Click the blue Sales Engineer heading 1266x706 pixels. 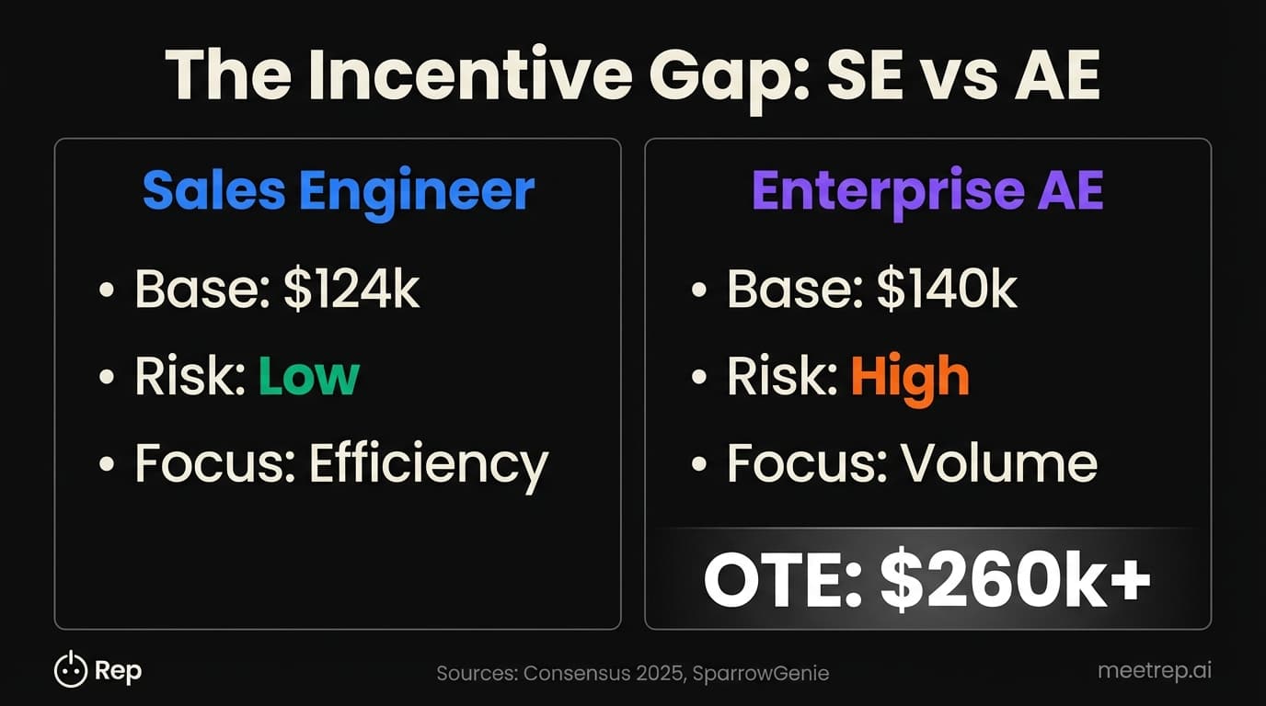pos(338,190)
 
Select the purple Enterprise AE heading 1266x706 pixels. pos(927,190)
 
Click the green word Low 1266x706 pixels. pos(308,376)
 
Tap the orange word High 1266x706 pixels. pos(909,376)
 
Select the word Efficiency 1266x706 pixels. pos(428,464)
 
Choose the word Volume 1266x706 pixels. pos(998,463)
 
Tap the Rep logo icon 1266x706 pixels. pos(70,670)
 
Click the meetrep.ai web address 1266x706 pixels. pos(1154,670)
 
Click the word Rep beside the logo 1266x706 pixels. pos(119,671)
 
